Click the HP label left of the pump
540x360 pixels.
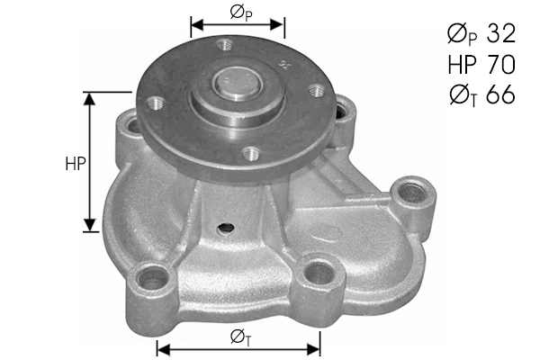click(76, 164)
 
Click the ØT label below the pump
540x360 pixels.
click(239, 337)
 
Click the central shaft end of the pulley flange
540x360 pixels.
click(238, 86)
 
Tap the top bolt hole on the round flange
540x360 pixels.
click(223, 42)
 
